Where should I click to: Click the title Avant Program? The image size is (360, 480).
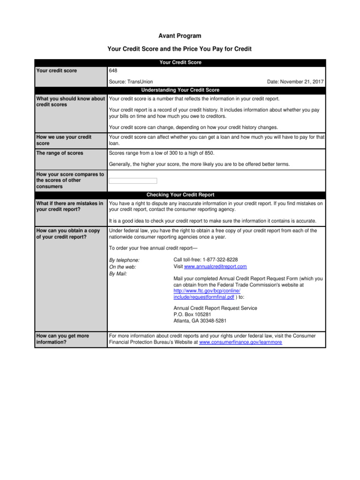[x=180, y=36]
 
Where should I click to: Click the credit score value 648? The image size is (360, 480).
[x=113, y=71]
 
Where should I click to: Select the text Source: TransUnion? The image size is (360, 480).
[x=130, y=82]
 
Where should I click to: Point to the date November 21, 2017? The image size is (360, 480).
[x=295, y=82]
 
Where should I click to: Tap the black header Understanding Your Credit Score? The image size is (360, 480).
[x=180, y=90]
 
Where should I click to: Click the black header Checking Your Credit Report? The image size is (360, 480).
[x=180, y=195]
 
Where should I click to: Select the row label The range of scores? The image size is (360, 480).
[x=60, y=153]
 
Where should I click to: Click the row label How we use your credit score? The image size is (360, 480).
[x=64, y=140]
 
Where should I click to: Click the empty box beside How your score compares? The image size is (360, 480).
[x=133, y=181]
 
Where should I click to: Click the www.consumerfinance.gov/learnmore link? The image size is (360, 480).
[x=240, y=343]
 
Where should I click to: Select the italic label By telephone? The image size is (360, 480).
[x=124, y=260]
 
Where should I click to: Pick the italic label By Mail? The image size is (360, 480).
[x=118, y=273]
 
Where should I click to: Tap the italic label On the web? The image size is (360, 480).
[x=122, y=267]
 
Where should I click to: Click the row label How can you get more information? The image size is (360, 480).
[x=62, y=339]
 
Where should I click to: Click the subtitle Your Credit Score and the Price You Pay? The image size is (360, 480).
[x=180, y=48]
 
